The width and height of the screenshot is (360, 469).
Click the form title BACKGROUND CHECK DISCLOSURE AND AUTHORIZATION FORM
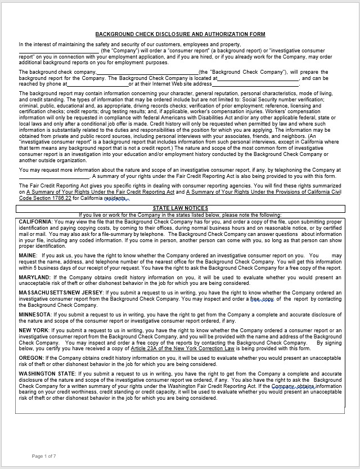click(180, 34)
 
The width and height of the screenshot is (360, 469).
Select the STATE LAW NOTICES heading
click(180, 208)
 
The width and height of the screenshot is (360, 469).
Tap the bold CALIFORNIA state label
click(35, 222)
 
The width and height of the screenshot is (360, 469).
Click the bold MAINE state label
click(28, 256)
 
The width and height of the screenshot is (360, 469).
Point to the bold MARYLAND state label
click(34, 277)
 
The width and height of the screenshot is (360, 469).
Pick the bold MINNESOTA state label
click(35, 314)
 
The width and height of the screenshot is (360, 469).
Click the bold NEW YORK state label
click(34, 330)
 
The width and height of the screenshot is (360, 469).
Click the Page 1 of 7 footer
click(44, 455)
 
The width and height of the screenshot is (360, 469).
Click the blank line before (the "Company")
click(58, 51)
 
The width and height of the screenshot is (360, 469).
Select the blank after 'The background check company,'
click(147, 72)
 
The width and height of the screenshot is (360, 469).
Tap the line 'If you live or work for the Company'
click(180, 215)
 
